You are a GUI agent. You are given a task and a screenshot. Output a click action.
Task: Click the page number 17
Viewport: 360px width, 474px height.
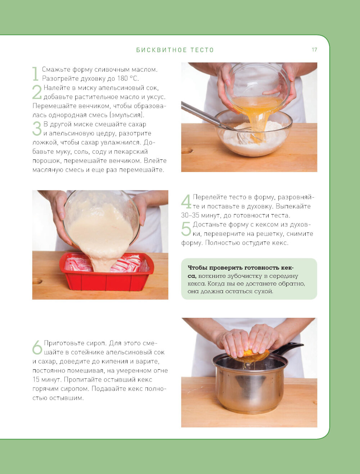(314, 50)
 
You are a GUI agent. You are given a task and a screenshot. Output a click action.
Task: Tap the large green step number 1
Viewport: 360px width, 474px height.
(35, 74)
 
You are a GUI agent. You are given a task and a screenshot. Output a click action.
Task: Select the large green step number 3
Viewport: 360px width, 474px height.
(37, 128)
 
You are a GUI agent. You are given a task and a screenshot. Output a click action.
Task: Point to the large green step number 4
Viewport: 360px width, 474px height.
(186, 201)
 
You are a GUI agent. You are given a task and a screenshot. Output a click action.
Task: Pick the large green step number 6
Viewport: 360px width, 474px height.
(37, 347)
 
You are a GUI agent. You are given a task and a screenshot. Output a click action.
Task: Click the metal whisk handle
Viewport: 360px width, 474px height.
(201, 114)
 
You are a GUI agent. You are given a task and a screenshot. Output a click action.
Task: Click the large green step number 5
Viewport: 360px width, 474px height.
(186, 229)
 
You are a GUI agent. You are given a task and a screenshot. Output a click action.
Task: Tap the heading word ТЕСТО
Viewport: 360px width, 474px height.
(202, 50)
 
